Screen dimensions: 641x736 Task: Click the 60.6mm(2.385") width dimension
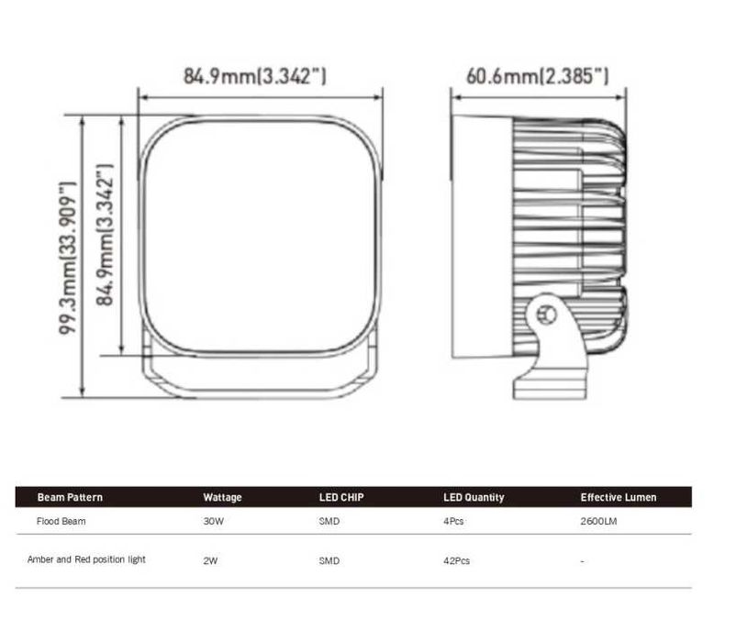pyautogui.click(x=538, y=75)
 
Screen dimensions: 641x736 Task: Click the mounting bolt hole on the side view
pyautogui.click(x=548, y=315)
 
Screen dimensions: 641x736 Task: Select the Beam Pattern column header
pyautogui.click(x=70, y=497)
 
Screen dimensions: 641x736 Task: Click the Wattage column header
pyautogui.click(x=222, y=497)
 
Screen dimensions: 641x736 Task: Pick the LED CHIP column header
pyautogui.click(x=340, y=497)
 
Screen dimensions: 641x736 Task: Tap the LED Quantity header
pyautogui.click(x=474, y=497)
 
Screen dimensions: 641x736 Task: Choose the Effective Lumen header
pyautogui.click(x=619, y=497)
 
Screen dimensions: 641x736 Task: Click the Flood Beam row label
pyautogui.click(x=61, y=521)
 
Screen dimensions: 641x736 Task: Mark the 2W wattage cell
pyautogui.click(x=210, y=560)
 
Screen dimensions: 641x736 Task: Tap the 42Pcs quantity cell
pyautogui.click(x=456, y=560)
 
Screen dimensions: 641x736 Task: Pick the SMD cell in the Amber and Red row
pyautogui.click(x=329, y=560)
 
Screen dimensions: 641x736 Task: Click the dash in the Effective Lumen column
pyautogui.click(x=583, y=560)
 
